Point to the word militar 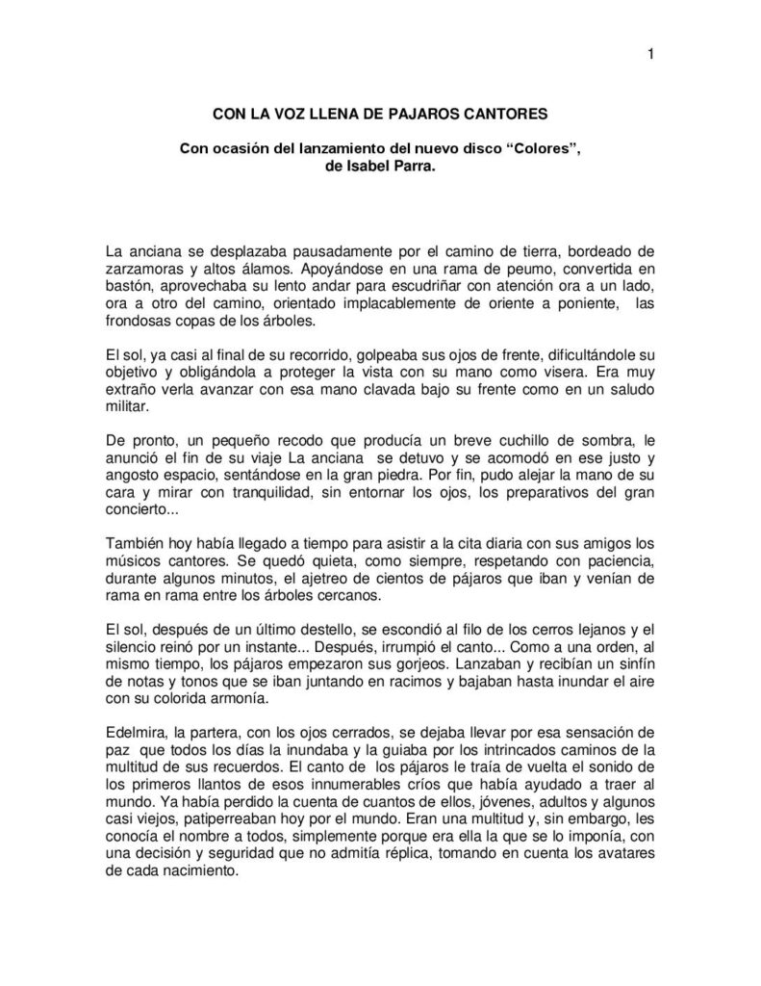pyautogui.click(x=125, y=412)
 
